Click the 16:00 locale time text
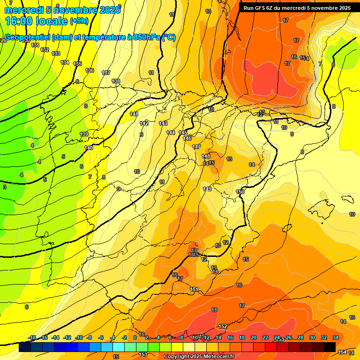[36, 21]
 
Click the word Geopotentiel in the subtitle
[27, 37]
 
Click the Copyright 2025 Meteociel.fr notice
[198, 357]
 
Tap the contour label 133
[56, 53]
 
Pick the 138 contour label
[116, 81]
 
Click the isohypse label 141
[134, 114]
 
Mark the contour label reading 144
[171, 133]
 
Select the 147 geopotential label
[196, 147]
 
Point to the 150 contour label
[240, 192]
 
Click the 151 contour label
[195, 289]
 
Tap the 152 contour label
[223, 326]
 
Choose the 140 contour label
[89, 148]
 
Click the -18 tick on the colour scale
[32, 337]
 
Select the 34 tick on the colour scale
[336, 337]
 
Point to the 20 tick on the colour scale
[254, 337]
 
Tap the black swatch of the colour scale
[329, 347]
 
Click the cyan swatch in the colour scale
[119, 347]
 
